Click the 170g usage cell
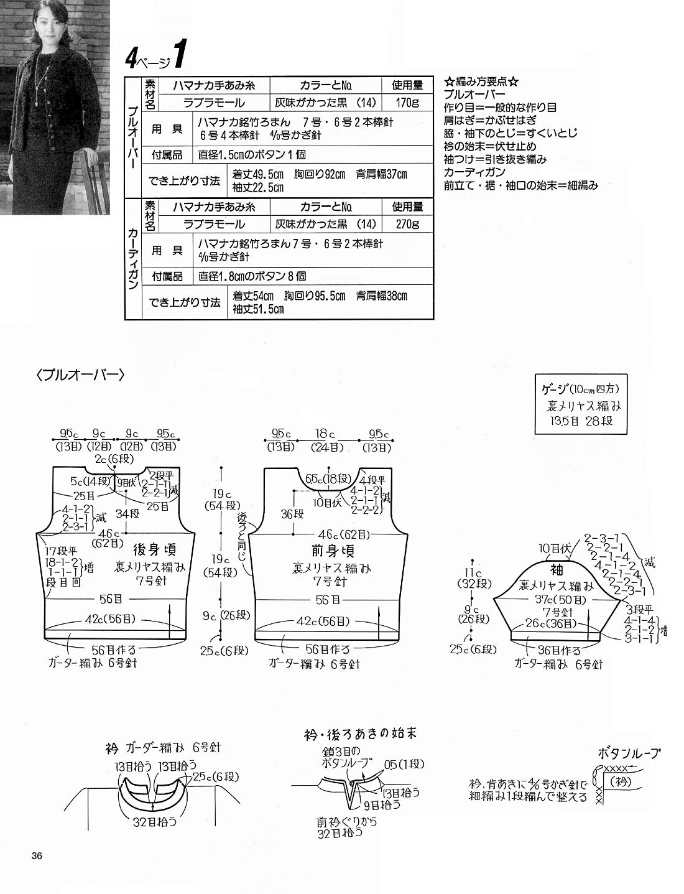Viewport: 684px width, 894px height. pyautogui.click(x=407, y=103)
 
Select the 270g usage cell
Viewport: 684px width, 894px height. pyautogui.click(x=407, y=224)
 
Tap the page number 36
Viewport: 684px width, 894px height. pyautogui.click(x=37, y=856)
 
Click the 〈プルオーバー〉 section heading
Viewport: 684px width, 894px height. pyautogui.click(x=80, y=375)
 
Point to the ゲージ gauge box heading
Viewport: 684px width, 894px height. pyautogui.click(x=581, y=389)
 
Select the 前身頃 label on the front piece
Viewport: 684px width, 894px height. pyautogui.click(x=333, y=551)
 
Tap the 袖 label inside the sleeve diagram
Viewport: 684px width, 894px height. pyautogui.click(x=557, y=570)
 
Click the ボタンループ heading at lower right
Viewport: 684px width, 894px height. pyautogui.click(x=629, y=753)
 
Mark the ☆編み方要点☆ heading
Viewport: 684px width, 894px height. pyautogui.click(x=481, y=81)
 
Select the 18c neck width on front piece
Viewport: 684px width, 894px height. pyautogui.click(x=325, y=434)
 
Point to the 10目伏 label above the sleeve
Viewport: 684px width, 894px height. pyautogui.click(x=555, y=548)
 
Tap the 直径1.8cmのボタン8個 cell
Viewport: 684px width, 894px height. pyautogui.click(x=252, y=276)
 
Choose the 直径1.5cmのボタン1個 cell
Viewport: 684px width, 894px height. pyautogui.click(x=252, y=155)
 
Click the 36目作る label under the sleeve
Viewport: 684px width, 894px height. pyautogui.click(x=558, y=651)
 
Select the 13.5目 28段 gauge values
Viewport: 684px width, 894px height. pyautogui.click(x=581, y=421)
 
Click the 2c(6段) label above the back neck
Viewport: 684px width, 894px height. pyautogui.click(x=113, y=459)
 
